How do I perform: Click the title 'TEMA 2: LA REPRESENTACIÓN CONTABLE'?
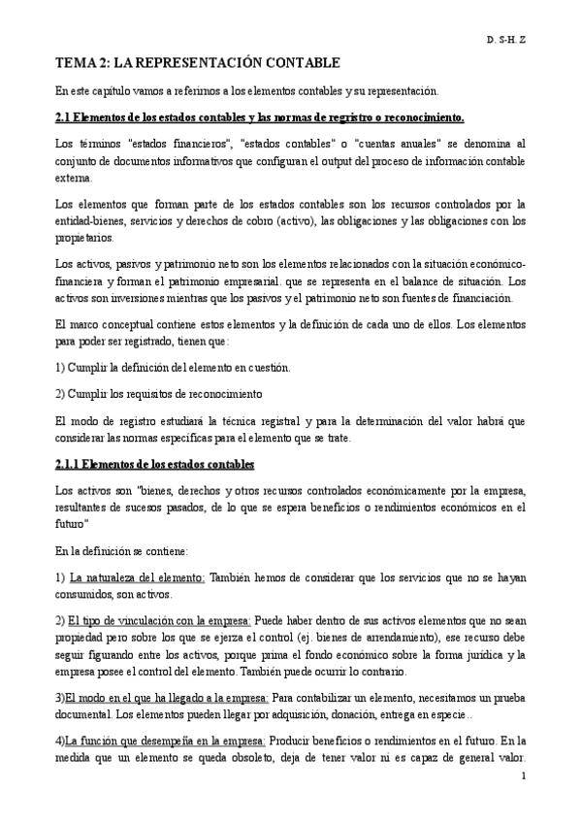[x=196, y=63]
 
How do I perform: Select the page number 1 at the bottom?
[x=524, y=775]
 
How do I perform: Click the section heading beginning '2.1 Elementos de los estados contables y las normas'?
[x=260, y=117]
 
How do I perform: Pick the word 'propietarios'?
[x=85, y=238]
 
